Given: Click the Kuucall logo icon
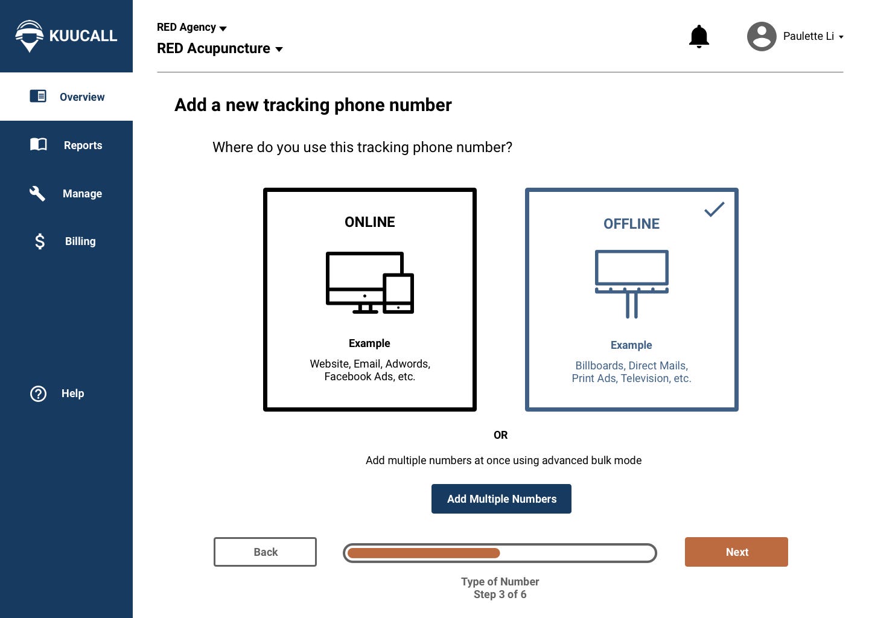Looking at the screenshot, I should click(x=29, y=36).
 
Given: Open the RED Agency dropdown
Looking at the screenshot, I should click(x=191, y=28).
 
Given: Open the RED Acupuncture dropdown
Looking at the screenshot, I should click(x=220, y=49).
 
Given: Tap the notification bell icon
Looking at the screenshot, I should click(x=699, y=37).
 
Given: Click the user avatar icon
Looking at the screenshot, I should click(x=762, y=37).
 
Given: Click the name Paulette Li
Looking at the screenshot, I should click(x=808, y=36).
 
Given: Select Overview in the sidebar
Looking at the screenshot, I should click(x=81, y=97).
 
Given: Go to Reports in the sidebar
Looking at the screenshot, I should click(x=83, y=145).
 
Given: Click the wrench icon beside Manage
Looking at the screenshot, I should click(x=37, y=193).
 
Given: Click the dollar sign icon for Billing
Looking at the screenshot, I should click(x=40, y=241).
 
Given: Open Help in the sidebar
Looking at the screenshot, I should click(x=72, y=393).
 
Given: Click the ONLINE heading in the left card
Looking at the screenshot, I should click(x=369, y=222).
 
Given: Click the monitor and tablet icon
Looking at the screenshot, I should click(x=369, y=282).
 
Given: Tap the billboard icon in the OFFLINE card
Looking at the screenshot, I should click(x=631, y=283).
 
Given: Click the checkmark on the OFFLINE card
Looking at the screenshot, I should click(x=714, y=209).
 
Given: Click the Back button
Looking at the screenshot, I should click(x=265, y=552).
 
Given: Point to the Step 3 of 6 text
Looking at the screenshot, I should click(x=500, y=594).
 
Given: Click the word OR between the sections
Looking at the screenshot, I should click(x=500, y=435).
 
